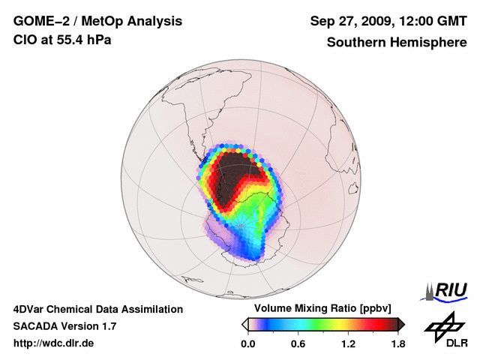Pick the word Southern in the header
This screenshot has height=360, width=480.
point(356,43)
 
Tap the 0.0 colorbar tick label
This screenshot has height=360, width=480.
point(248,344)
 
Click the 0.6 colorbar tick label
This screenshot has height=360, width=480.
point(298,344)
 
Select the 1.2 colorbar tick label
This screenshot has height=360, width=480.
point(347,344)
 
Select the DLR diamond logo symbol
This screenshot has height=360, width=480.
point(441,327)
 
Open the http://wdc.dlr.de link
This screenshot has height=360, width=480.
point(54,343)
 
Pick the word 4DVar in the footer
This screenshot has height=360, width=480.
point(31,309)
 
